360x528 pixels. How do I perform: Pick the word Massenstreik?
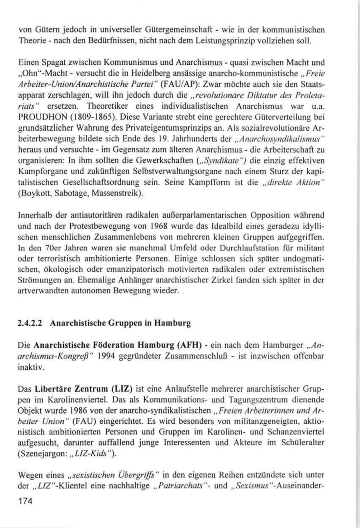(x=118, y=193)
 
